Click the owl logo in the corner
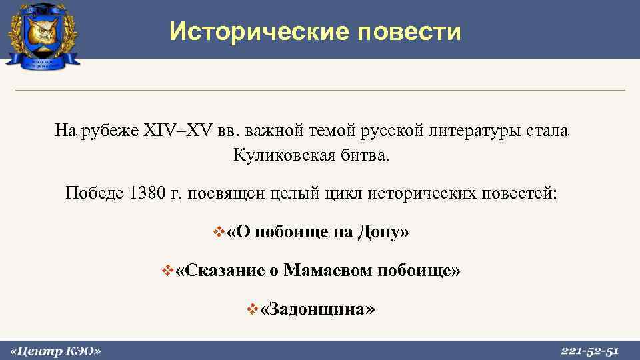pyautogui.click(x=43, y=34)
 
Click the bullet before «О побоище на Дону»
pyautogui.click(x=216, y=233)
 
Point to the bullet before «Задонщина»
pyautogui.click(x=251, y=309)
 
